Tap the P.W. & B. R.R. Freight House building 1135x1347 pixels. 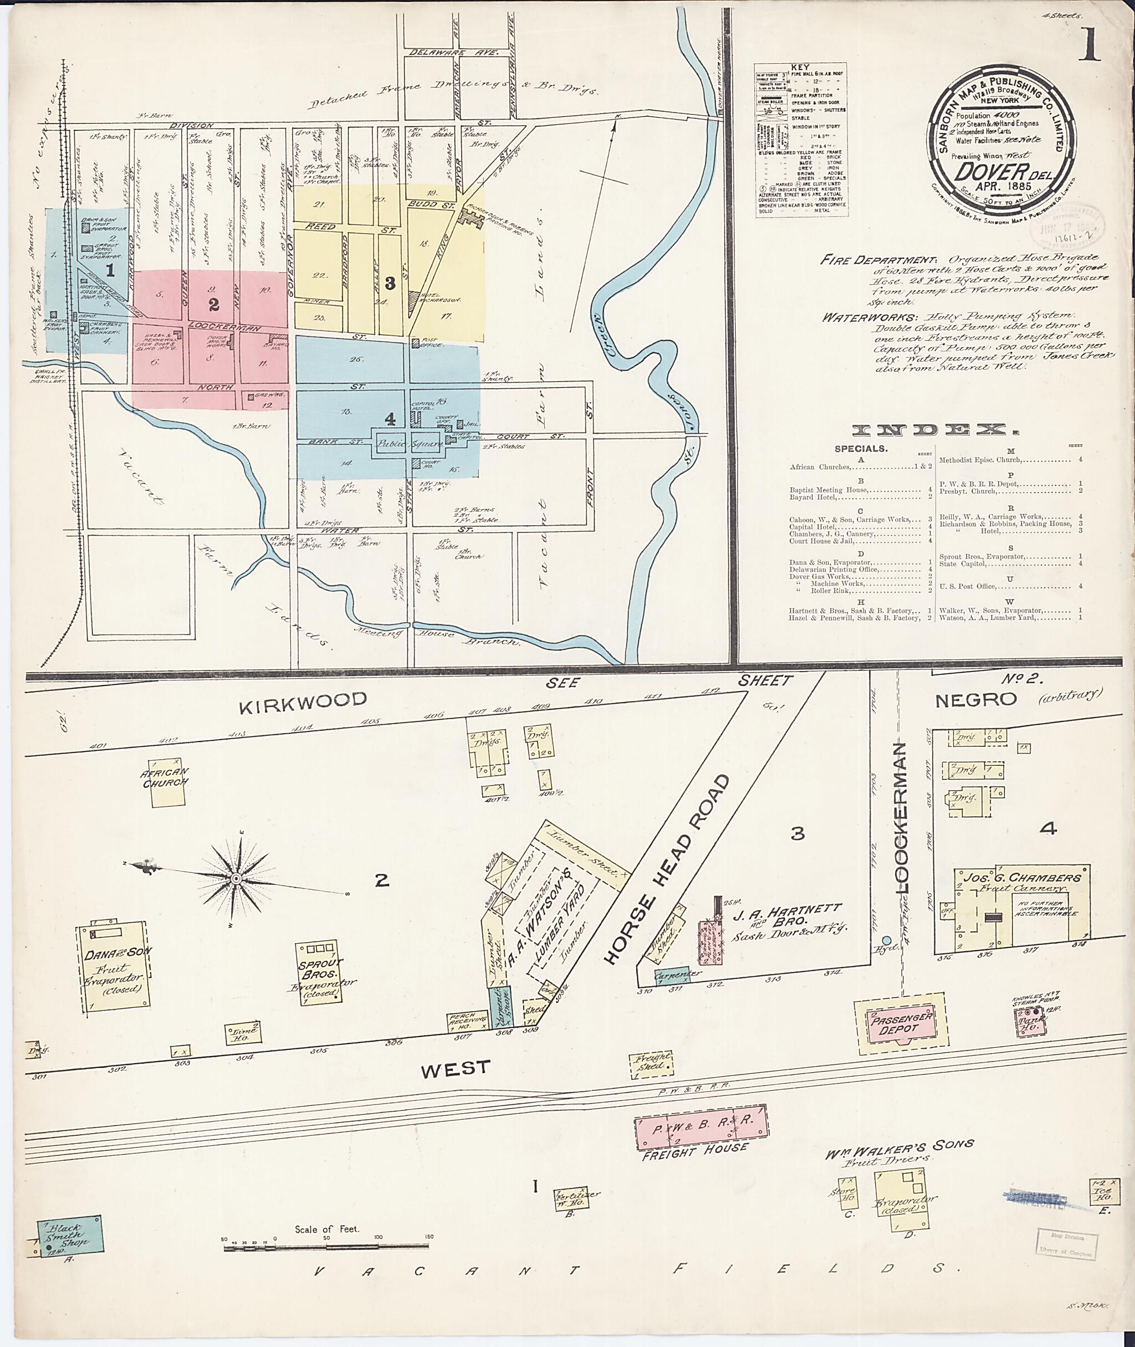(x=701, y=1127)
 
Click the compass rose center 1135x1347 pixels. (x=237, y=879)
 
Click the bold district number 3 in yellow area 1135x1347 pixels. (x=389, y=282)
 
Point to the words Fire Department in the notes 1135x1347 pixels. (x=878, y=261)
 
